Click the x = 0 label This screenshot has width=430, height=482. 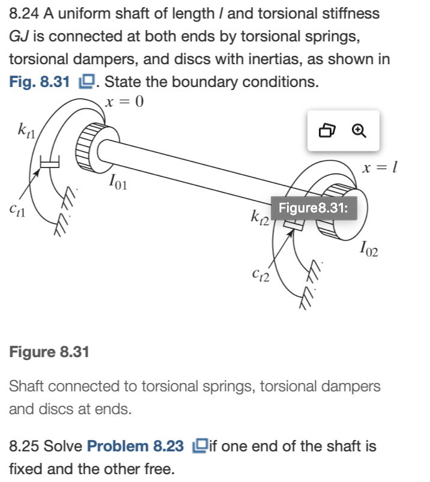[x=124, y=101]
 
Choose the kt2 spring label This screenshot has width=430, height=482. [x=260, y=217]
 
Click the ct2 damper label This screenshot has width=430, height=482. [x=260, y=276]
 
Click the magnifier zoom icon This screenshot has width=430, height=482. [x=359, y=130]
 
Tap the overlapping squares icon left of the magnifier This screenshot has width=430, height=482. [x=327, y=130]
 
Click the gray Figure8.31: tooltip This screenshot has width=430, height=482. [x=314, y=209]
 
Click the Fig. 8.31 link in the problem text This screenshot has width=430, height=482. [x=39, y=82]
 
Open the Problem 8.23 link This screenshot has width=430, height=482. [x=135, y=446]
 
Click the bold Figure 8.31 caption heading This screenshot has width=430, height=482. [x=49, y=352]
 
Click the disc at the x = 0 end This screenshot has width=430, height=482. [x=91, y=146]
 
